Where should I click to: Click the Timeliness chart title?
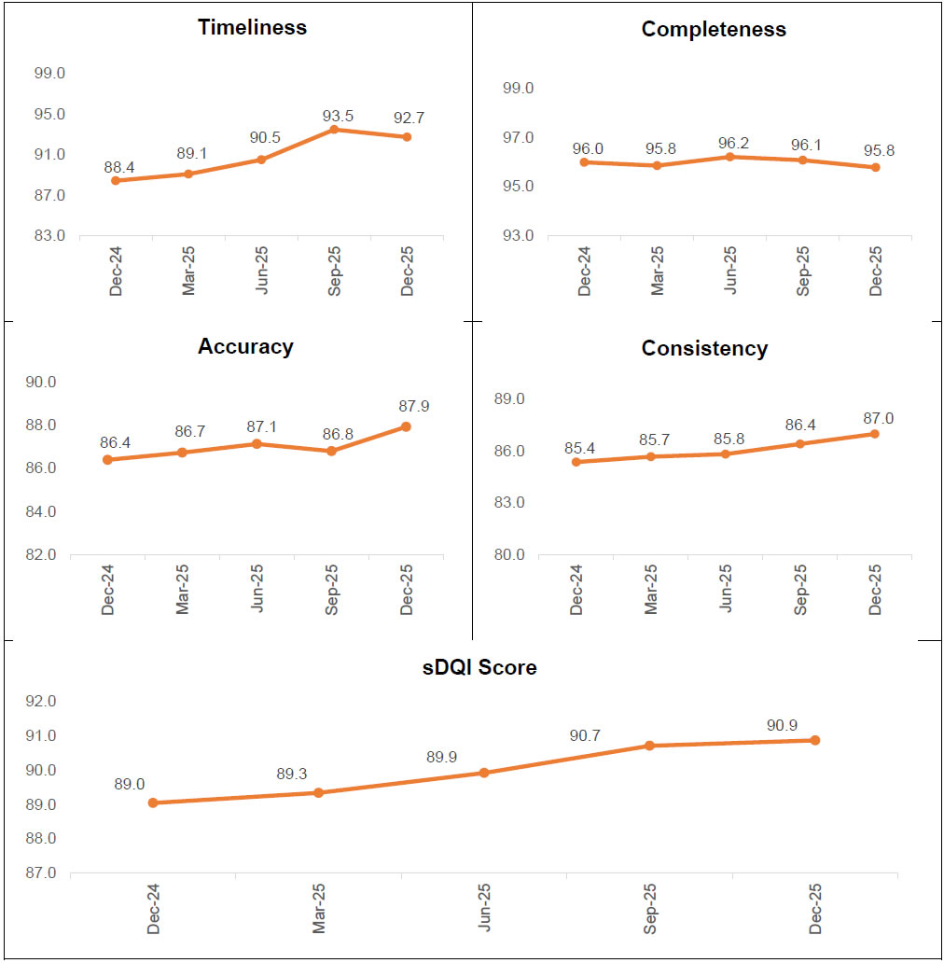(252, 27)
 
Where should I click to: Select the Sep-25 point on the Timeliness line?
(334, 129)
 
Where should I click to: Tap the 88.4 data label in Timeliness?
(118, 167)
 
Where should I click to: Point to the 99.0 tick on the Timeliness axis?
(49, 74)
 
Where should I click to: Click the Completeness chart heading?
(714, 29)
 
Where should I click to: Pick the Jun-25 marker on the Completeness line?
(730, 157)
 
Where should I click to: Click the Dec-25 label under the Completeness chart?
(876, 272)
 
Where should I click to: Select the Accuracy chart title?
(245, 347)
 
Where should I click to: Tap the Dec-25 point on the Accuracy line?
(407, 426)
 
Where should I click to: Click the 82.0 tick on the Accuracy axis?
(41, 555)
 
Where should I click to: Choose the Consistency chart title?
(704, 349)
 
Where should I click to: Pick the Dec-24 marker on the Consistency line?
(576, 462)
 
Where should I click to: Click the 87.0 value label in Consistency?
(875, 419)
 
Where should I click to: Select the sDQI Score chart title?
(479, 668)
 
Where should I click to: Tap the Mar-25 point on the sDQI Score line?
(318, 792)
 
